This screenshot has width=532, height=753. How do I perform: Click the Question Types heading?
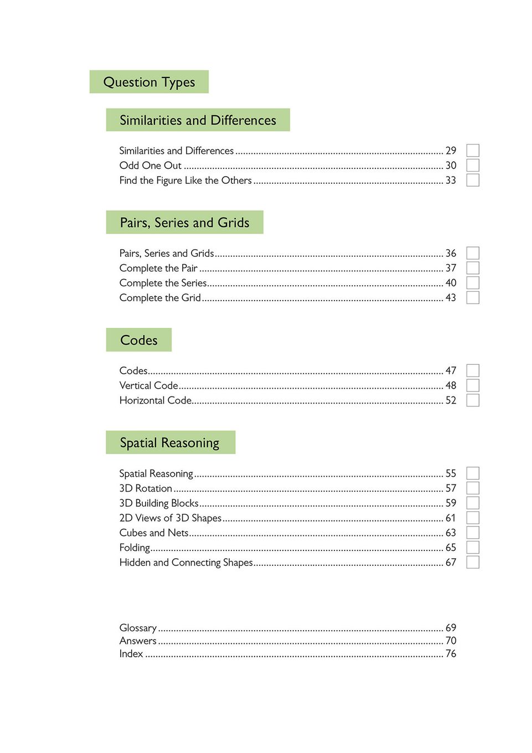(x=149, y=82)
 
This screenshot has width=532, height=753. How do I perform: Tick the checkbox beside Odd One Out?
(x=472, y=165)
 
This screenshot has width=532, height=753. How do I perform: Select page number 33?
(x=451, y=180)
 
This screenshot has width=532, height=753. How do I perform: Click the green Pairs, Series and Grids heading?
(x=184, y=223)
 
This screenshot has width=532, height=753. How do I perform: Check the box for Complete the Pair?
(x=472, y=268)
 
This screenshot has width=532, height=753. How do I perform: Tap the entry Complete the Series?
(x=163, y=283)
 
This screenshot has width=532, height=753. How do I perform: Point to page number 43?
(x=451, y=298)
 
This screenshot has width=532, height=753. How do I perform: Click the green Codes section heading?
(x=138, y=340)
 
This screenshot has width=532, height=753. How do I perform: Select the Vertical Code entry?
(x=149, y=385)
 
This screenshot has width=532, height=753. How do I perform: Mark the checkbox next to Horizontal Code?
(x=472, y=400)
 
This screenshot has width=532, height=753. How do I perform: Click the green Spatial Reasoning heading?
(x=170, y=442)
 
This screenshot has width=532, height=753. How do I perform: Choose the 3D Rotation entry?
(x=146, y=488)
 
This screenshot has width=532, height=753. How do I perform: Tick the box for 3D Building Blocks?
(x=472, y=503)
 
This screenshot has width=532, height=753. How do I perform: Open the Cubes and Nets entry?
(x=154, y=533)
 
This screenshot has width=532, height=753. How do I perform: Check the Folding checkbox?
(x=472, y=548)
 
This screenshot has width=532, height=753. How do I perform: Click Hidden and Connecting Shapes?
(x=186, y=563)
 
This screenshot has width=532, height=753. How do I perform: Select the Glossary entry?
(x=138, y=628)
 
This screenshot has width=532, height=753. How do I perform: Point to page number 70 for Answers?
(x=451, y=641)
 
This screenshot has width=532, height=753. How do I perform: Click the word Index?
(x=131, y=654)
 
